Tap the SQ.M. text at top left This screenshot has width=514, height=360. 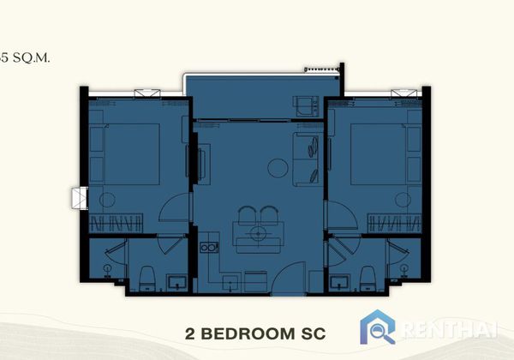(x=31, y=58)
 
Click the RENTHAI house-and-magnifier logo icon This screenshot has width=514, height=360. (x=377, y=327)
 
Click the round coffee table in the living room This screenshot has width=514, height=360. (x=278, y=168)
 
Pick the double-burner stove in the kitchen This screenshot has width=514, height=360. (x=209, y=247)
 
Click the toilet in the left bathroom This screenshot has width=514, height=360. (x=147, y=278)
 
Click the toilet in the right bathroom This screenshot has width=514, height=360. (x=368, y=278)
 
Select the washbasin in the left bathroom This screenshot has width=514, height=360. (x=177, y=282)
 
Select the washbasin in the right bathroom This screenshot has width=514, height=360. (x=339, y=282)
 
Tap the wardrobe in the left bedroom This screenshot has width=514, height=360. (x=116, y=223)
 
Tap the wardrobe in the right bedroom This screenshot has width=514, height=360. (x=394, y=223)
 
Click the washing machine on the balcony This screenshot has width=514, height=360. (x=308, y=106)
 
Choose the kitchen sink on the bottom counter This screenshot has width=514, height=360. (x=231, y=283)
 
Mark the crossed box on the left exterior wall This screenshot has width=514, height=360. (x=80, y=198)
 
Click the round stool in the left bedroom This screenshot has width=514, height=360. (x=107, y=200)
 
